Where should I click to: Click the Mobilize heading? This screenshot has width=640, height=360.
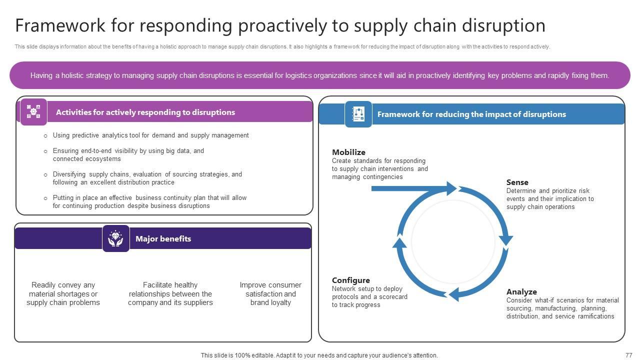[348, 152]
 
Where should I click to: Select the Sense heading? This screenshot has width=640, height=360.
[517, 182]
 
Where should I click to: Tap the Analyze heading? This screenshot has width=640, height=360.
[521, 291]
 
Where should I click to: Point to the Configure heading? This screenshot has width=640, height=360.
[350, 280]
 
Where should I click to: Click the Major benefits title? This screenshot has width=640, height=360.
[163, 238]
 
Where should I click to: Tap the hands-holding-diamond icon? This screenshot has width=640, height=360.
[115, 238]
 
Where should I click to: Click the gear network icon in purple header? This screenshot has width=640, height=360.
[33, 111]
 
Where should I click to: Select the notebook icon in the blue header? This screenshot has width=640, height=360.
[358, 114]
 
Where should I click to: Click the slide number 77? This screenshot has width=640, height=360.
[628, 355]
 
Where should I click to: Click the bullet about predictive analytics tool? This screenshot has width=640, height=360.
[150, 135]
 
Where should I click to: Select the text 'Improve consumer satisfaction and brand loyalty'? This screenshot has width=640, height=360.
[270, 293]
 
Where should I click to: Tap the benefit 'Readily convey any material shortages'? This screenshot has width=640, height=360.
[63, 293]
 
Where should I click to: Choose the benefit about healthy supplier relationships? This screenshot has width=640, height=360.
[170, 293]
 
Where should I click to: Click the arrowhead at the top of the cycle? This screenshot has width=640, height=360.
[451, 188]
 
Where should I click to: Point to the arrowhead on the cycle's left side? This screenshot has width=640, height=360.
[399, 242]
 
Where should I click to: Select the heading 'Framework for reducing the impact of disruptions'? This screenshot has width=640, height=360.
[471, 114]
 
